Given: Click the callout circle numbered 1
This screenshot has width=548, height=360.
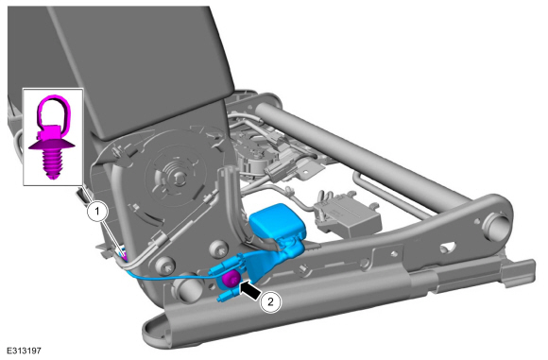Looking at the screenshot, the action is tap(97, 212).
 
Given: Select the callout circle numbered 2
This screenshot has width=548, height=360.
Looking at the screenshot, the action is tap(270, 301).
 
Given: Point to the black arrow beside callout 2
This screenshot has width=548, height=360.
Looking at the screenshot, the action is tap(250, 289).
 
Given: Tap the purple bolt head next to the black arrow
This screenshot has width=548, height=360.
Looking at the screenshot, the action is tap(231, 279).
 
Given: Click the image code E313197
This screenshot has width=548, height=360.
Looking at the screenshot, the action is tap(24, 351).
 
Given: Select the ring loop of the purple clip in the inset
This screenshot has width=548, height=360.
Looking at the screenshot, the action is tap(54, 111).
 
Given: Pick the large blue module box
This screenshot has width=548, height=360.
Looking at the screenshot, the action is tap(278, 221).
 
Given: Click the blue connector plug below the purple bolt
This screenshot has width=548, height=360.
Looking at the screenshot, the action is tap(227, 295).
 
